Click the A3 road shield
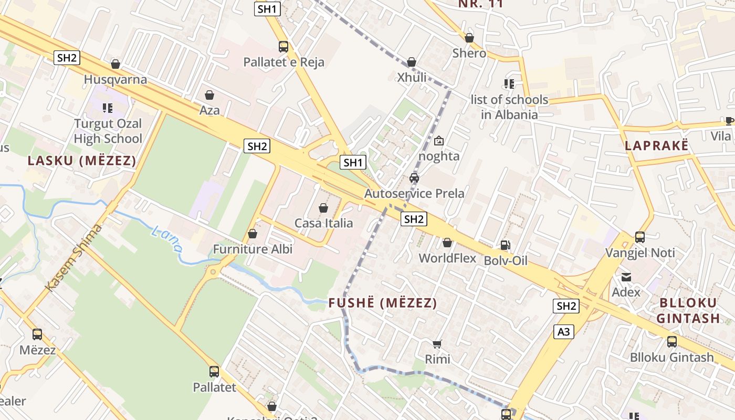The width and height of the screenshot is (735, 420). coord(563,331)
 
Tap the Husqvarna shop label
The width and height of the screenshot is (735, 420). coord(115,80)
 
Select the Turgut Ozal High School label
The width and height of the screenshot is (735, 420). coord(108,131)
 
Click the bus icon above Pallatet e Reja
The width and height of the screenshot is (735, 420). coord(283,46)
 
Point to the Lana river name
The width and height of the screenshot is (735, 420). coord(167,239)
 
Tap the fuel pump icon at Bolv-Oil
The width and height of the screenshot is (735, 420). coord(505,245)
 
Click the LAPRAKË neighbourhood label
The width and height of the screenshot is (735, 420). coord(656,146)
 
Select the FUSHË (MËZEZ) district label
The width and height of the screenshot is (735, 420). coord(383,303)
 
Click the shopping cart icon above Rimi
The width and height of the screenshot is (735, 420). coord(437,344)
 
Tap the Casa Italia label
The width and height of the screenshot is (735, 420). coord(323,223)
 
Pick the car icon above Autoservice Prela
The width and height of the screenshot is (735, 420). coord(414,178)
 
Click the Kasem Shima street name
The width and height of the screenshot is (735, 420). coord(73,257)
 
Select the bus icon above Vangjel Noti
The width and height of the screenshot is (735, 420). coord(639,237)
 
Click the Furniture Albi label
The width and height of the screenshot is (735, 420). coord(253,249)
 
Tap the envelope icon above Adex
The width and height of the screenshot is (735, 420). coord(626,277)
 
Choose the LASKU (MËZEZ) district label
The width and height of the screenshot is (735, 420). coord(81,161)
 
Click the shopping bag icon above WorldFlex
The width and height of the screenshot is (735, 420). coord(447,243)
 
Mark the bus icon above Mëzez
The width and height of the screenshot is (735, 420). coord(37,334)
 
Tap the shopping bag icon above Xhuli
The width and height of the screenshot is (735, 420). coord(412,62)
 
